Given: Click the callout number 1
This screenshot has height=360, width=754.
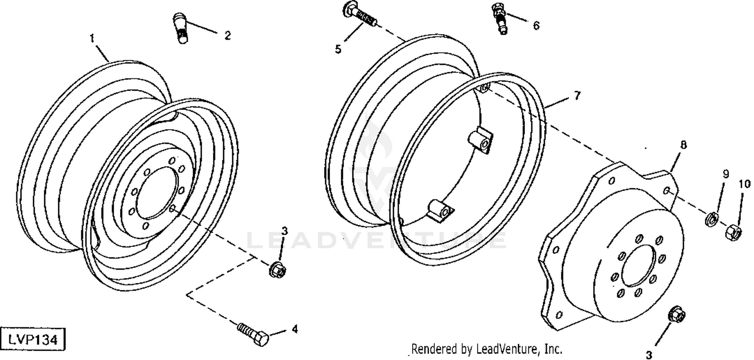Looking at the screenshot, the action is tap(92, 38).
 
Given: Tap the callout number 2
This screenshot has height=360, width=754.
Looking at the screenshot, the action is tap(228, 35).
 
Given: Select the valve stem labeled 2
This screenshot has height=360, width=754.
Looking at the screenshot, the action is tap(181, 28).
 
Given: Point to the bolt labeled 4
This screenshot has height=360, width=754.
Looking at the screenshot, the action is tap(253, 334).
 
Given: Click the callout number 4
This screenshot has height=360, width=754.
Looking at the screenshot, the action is tap(295, 329).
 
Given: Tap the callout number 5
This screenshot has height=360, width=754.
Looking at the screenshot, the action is tap(338, 49).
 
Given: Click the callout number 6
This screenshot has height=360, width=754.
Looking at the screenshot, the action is tap(536, 25).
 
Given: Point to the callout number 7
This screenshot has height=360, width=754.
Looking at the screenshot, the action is tap(577, 96).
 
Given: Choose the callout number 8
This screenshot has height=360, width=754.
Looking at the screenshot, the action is tap(683, 145).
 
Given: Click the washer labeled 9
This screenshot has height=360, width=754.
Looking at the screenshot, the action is tap(710, 219).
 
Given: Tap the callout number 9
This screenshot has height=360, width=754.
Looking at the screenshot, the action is tap(726, 174).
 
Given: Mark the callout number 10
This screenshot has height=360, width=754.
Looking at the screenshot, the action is tap(745, 184).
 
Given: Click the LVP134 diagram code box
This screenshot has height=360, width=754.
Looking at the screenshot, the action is tap(33, 339).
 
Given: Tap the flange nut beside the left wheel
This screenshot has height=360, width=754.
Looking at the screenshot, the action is tap(277, 268).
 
